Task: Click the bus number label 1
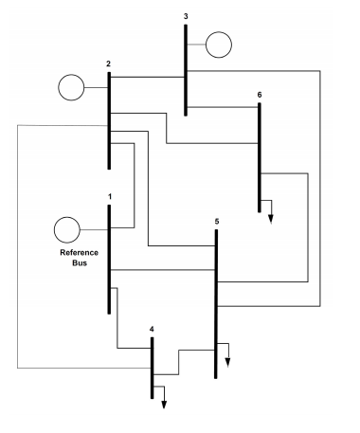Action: click(x=110, y=197)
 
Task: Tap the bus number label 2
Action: click(x=109, y=63)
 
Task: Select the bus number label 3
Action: click(x=186, y=16)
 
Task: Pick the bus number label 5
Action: click(x=217, y=221)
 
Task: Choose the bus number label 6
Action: click(x=259, y=95)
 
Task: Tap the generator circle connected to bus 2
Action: click(x=71, y=88)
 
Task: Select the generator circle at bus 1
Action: click(x=66, y=229)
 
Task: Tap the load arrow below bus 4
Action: click(x=163, y=398)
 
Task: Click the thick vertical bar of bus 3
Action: click(x=186, y=66)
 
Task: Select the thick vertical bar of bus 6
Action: click(x=259, y=156)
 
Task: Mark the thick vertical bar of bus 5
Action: click(x=217, y=303)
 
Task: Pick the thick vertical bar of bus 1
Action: click(x=110, y=256)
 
